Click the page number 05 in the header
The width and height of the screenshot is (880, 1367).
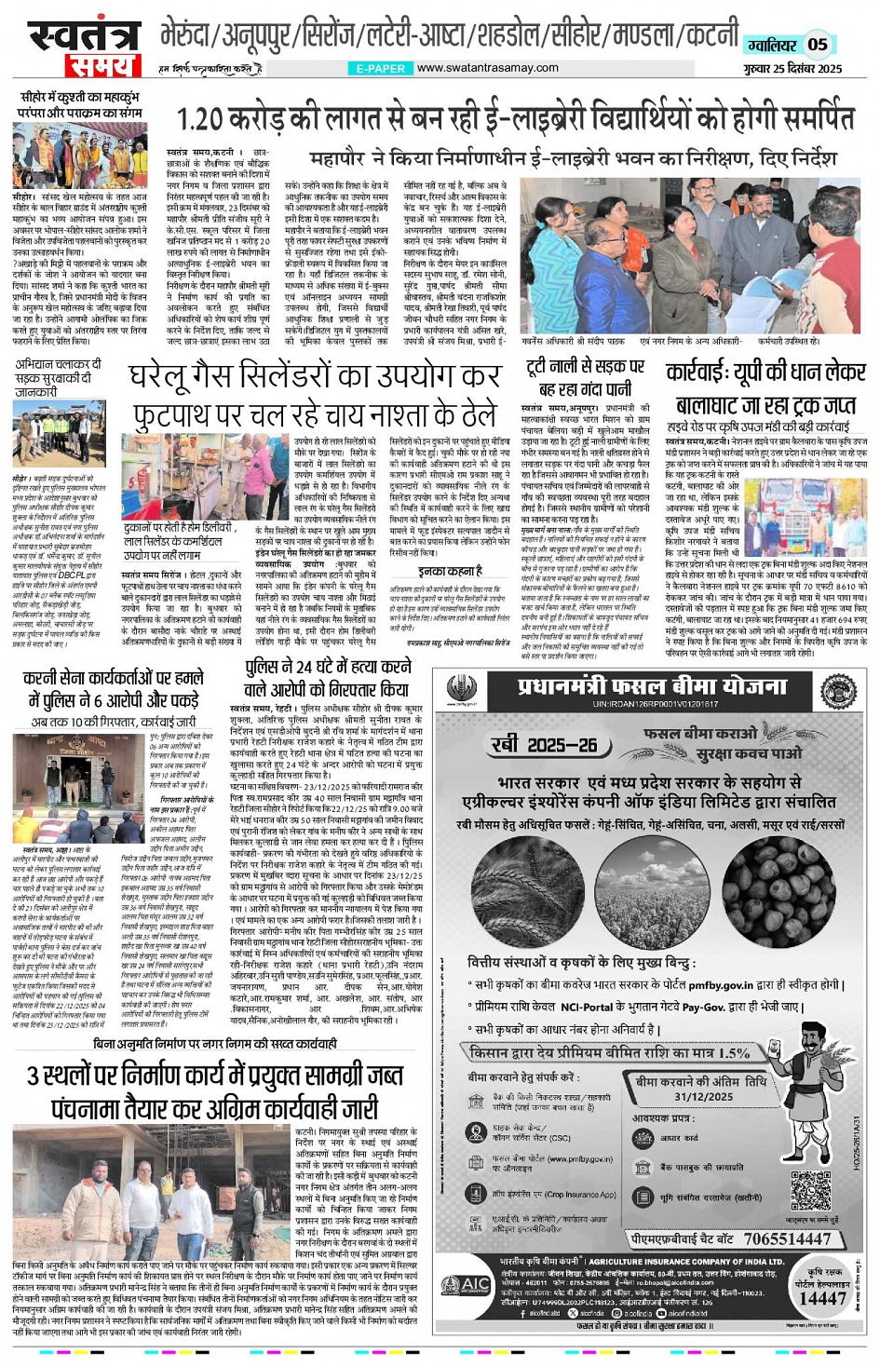pos(818,44)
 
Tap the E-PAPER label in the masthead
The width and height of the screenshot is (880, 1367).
pos(381,68)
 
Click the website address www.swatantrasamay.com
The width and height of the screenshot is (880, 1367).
pos(487,67)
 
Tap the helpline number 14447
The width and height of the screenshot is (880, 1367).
pos(822,1298)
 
